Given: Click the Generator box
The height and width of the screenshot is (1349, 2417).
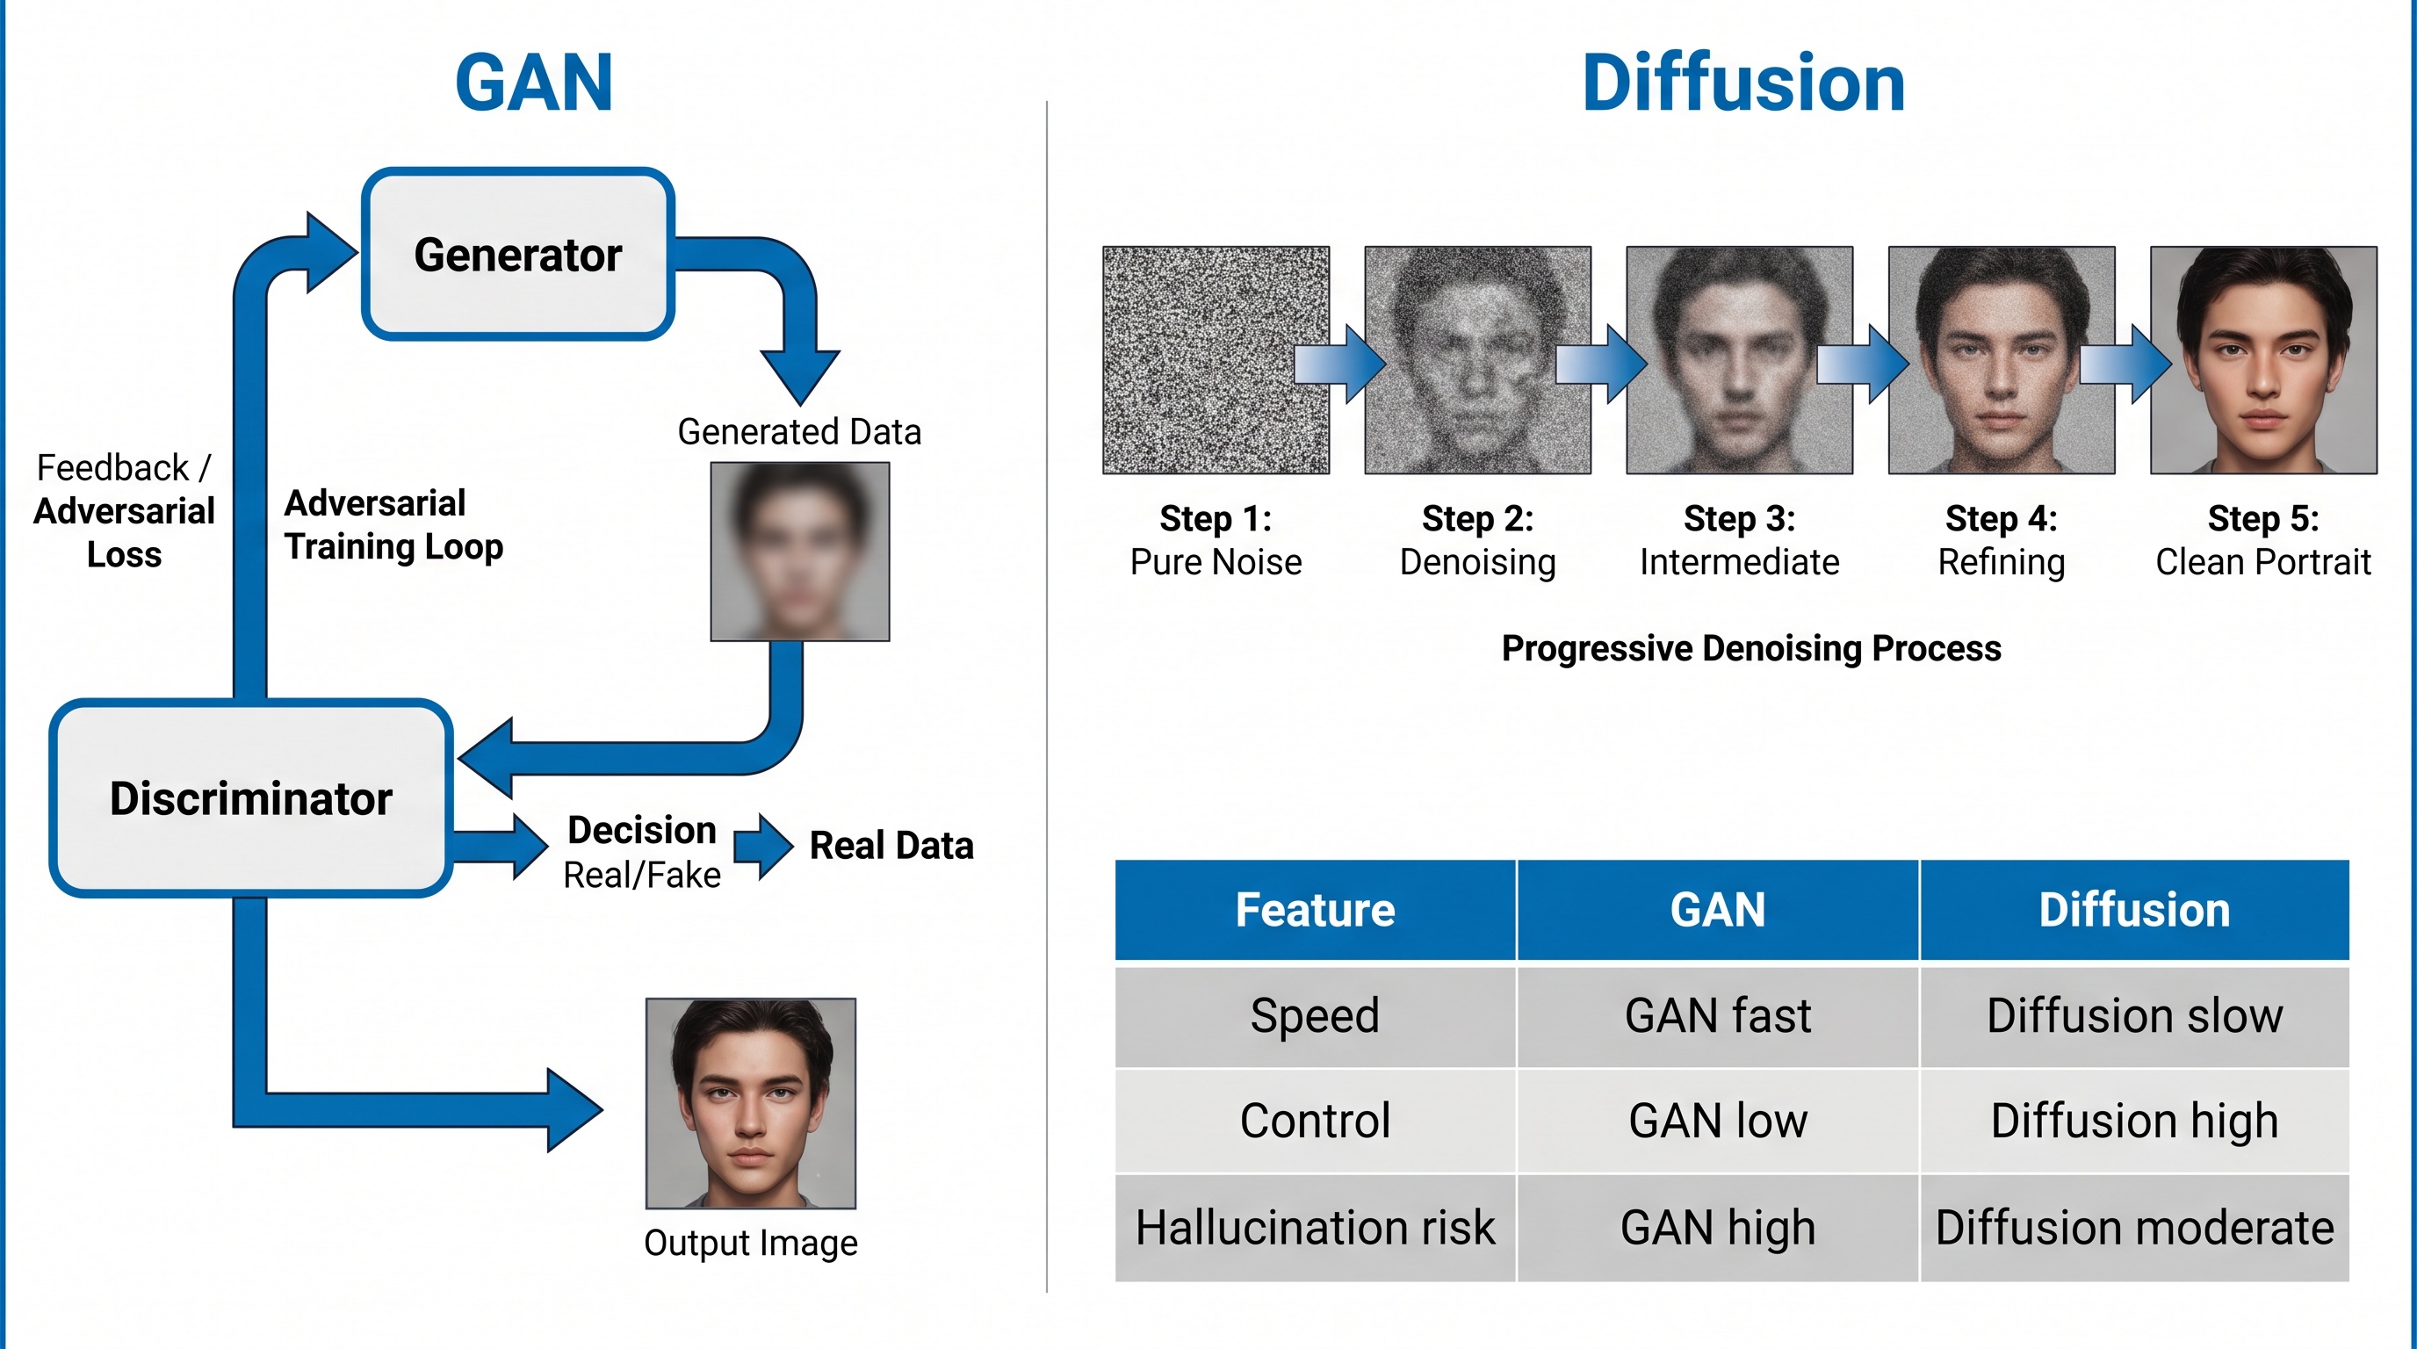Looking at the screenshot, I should click(518, 254).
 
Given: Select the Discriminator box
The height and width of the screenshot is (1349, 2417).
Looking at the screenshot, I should click(250, 798).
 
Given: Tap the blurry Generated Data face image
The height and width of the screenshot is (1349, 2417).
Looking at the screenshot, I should click(799, 552).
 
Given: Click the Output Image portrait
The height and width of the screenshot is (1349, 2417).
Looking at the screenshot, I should click(751, 1103).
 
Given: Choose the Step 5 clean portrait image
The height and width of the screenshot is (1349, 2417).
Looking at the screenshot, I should click(2263, 360).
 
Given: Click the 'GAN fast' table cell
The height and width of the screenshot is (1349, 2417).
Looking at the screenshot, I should click(1717, 1016).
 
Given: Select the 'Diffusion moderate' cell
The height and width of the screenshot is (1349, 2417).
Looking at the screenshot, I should click(2134, 1228).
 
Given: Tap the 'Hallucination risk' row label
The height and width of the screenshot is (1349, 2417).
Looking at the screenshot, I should click(1315, 1228).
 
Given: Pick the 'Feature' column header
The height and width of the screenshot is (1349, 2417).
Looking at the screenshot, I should click(1315, 910).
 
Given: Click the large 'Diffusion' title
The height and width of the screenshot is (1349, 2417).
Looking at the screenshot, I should click(1743, 83).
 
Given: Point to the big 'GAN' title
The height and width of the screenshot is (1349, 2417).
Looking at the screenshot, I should click(534, 83).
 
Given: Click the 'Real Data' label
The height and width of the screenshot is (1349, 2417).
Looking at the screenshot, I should click(891, 846).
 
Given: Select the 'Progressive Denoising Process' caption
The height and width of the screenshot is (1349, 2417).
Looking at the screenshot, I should click(1750, 648).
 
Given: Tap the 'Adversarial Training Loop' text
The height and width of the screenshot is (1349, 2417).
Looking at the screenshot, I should click(393, 525).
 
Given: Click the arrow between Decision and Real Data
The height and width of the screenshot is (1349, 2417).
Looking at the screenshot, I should click(764, 846).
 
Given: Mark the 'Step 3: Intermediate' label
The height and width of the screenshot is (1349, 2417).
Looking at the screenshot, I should click(1739, 540).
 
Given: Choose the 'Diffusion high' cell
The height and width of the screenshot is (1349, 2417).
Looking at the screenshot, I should click(2134, 1121).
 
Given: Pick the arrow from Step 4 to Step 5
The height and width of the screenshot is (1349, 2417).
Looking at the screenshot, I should click(2125, 364).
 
